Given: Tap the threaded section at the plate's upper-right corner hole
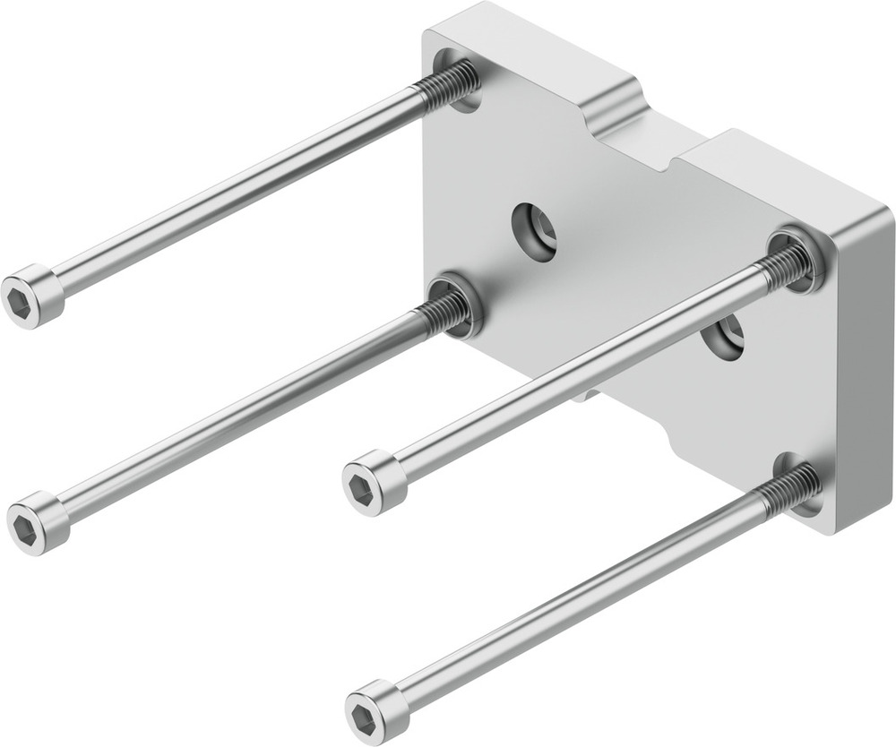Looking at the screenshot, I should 787,262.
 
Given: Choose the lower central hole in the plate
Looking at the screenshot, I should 722,339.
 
